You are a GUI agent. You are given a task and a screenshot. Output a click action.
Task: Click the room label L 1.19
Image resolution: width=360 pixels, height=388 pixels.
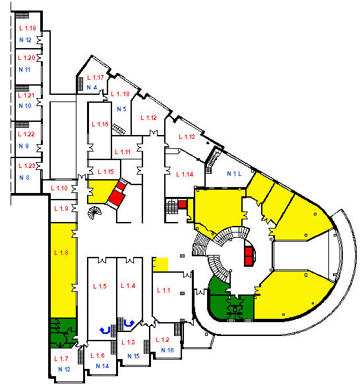click(28, 28)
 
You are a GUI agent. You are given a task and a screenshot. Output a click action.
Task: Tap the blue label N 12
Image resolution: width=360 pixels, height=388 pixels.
click(25, 40)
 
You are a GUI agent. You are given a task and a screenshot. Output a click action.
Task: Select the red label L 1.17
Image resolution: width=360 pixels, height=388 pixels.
click(96, 78)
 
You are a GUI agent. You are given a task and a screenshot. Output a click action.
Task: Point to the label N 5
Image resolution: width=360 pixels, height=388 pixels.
click(121, 109)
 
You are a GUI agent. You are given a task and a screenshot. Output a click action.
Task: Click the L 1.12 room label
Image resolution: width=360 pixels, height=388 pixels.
click(148, 117)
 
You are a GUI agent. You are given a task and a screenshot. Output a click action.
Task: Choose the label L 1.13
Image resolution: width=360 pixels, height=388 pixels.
click(187, 136)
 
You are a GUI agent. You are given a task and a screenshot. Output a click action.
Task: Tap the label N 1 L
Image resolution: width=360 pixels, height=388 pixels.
click(234, 174)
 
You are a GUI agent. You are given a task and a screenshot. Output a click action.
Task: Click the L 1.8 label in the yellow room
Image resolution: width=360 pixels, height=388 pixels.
click(61, 253)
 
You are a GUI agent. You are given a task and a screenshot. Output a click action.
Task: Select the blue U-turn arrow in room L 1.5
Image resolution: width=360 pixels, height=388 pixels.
click(105, 331)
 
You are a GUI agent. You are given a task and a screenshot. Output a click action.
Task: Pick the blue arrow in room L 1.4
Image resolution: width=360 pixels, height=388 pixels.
click(129, 323)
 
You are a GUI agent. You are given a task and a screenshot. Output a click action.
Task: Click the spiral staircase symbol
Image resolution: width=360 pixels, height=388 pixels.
click(94, 213)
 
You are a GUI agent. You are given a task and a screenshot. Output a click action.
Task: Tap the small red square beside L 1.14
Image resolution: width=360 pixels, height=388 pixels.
click(182, 204)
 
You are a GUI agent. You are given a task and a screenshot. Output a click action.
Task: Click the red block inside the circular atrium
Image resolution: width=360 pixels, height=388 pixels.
click(249, 256)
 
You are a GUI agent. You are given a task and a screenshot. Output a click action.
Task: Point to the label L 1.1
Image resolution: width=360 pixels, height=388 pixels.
click(164, 290)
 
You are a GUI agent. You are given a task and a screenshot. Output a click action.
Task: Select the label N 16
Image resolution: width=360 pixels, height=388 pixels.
click(167, 350)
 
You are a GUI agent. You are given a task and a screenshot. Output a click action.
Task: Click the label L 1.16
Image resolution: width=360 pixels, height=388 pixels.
click(100, 125)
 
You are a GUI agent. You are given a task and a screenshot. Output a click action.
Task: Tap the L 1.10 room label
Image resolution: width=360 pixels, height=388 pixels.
click(59, 188)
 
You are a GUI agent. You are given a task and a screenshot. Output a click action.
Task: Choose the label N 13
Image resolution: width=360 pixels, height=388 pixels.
click(64, 369)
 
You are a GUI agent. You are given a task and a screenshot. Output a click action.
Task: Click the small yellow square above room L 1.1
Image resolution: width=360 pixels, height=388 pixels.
click(160, 265)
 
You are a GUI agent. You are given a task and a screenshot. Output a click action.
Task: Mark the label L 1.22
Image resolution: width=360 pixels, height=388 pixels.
click(26, 134)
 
